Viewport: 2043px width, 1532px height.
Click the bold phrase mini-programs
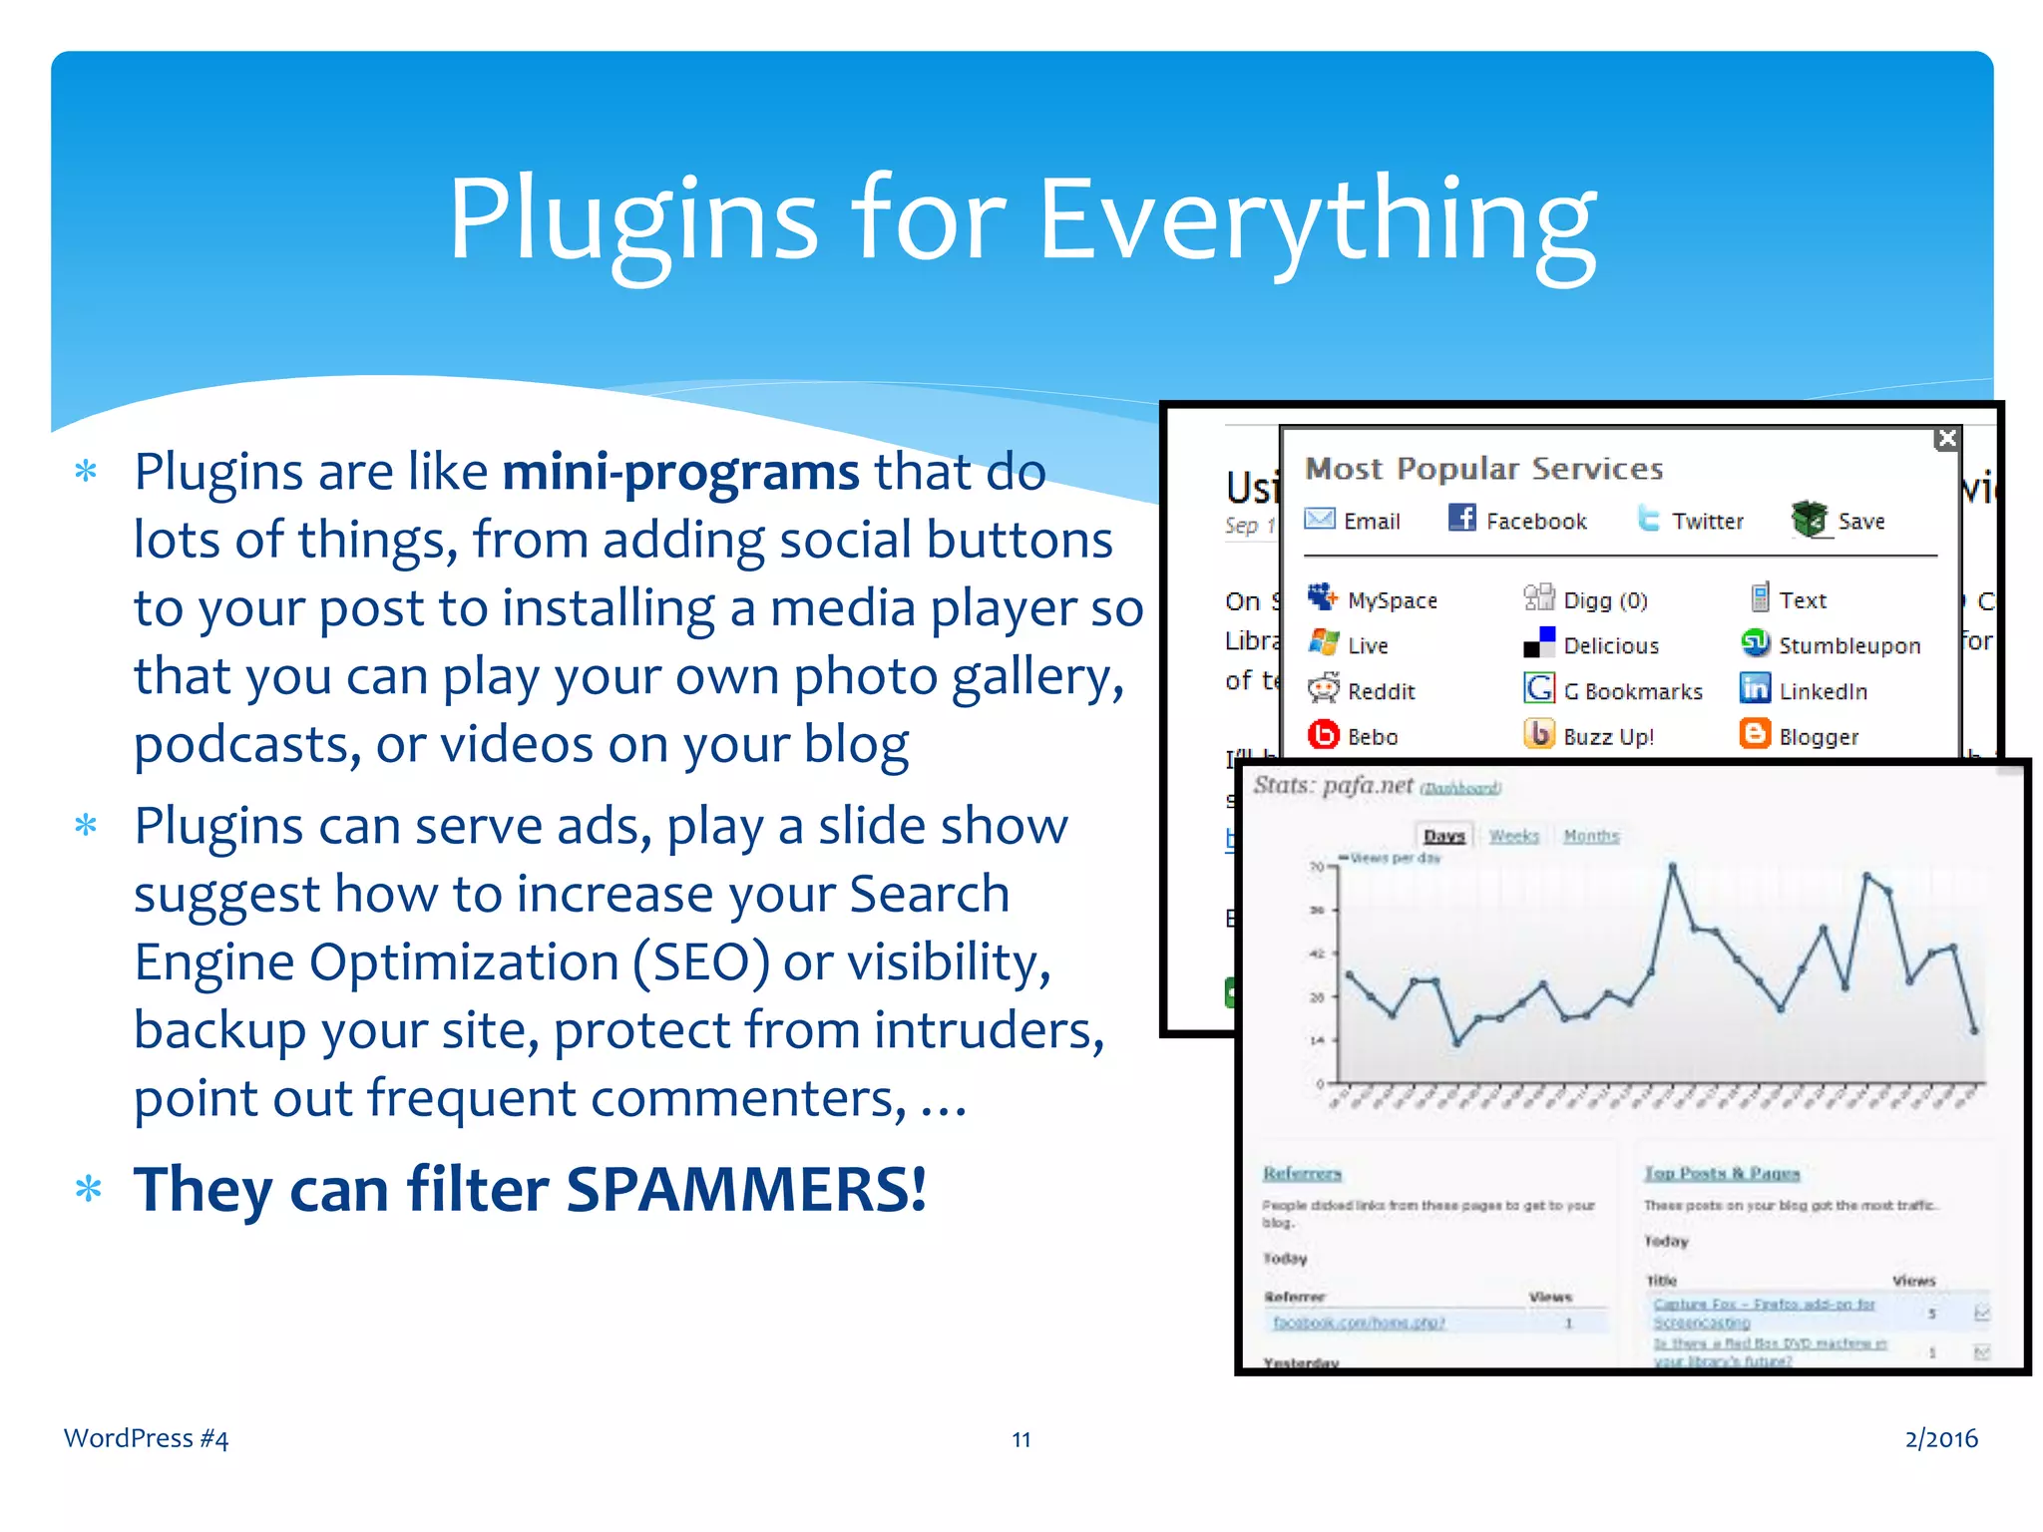tap(680, 472)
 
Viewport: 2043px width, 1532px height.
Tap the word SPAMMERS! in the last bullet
tap(746, 1189)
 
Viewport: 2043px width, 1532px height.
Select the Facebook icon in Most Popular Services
tap(1461, 518)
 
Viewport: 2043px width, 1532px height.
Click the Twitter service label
tap(1707, 521)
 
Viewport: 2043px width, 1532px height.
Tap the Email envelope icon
tap(1320, 519)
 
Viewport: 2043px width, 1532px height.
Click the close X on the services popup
tap(1945, 439)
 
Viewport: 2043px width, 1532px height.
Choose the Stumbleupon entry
tap(1848, 645)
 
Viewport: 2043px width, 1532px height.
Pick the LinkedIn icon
tap(1755, 688)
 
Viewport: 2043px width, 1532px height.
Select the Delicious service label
tap(1610, 645)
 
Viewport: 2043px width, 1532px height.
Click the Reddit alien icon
tap(1324, 688)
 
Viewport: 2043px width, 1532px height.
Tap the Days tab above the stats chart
tap(1443, 836)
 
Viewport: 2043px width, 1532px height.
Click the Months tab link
tap(1591, 836)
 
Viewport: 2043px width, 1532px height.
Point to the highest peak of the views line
tap(1673, 867)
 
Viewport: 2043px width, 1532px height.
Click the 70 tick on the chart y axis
tap(1317, 866)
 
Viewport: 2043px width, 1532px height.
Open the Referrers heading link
tap(1302, 1173)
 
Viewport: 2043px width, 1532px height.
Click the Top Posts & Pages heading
tap(1722, 1173)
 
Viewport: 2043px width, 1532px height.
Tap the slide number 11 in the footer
tap(1021, 1439)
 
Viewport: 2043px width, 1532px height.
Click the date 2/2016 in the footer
tap(1940, 1438)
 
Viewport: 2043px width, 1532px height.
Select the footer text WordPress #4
tap(146, 1438)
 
